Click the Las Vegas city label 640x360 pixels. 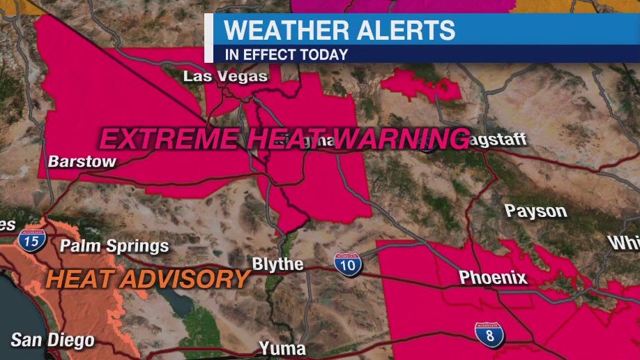tap(225, 76)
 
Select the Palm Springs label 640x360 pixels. tap(114, 246)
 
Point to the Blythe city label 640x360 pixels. tap(277, 264)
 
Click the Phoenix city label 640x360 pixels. tap(492, 278)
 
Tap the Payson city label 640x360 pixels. tap(535, 211)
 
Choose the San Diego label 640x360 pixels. tap(52, 340)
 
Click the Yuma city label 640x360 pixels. tap(282, 347)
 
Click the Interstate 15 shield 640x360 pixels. tap(32, 241)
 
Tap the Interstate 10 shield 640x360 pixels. tap(347, 264)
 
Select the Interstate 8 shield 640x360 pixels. tap(489, 335)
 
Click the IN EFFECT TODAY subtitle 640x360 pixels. tap(285, 54)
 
